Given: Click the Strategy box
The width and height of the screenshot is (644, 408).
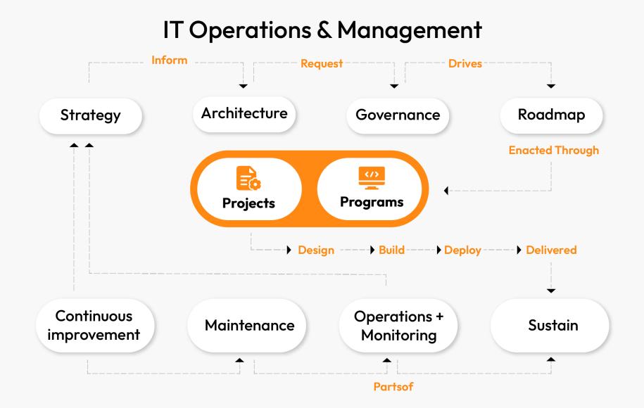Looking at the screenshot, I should coord(89,116).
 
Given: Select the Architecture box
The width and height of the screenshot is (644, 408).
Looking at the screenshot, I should coord(244,113).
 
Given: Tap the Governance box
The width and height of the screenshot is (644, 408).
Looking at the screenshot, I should coord(398,115).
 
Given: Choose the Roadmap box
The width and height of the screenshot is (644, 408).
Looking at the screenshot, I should coord(550,115).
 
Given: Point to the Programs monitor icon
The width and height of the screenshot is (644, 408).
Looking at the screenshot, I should coord(372,176).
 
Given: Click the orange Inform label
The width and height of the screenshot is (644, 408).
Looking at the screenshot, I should coord(170,60).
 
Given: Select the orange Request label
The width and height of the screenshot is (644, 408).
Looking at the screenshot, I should coord(322,63).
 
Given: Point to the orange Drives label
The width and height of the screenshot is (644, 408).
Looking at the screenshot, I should coord(465,63).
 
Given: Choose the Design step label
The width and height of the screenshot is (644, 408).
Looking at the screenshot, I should coord(315,250).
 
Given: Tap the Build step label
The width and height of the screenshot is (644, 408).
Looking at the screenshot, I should coord(391,250).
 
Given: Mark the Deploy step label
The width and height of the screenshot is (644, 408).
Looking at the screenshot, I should coord(462,250).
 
